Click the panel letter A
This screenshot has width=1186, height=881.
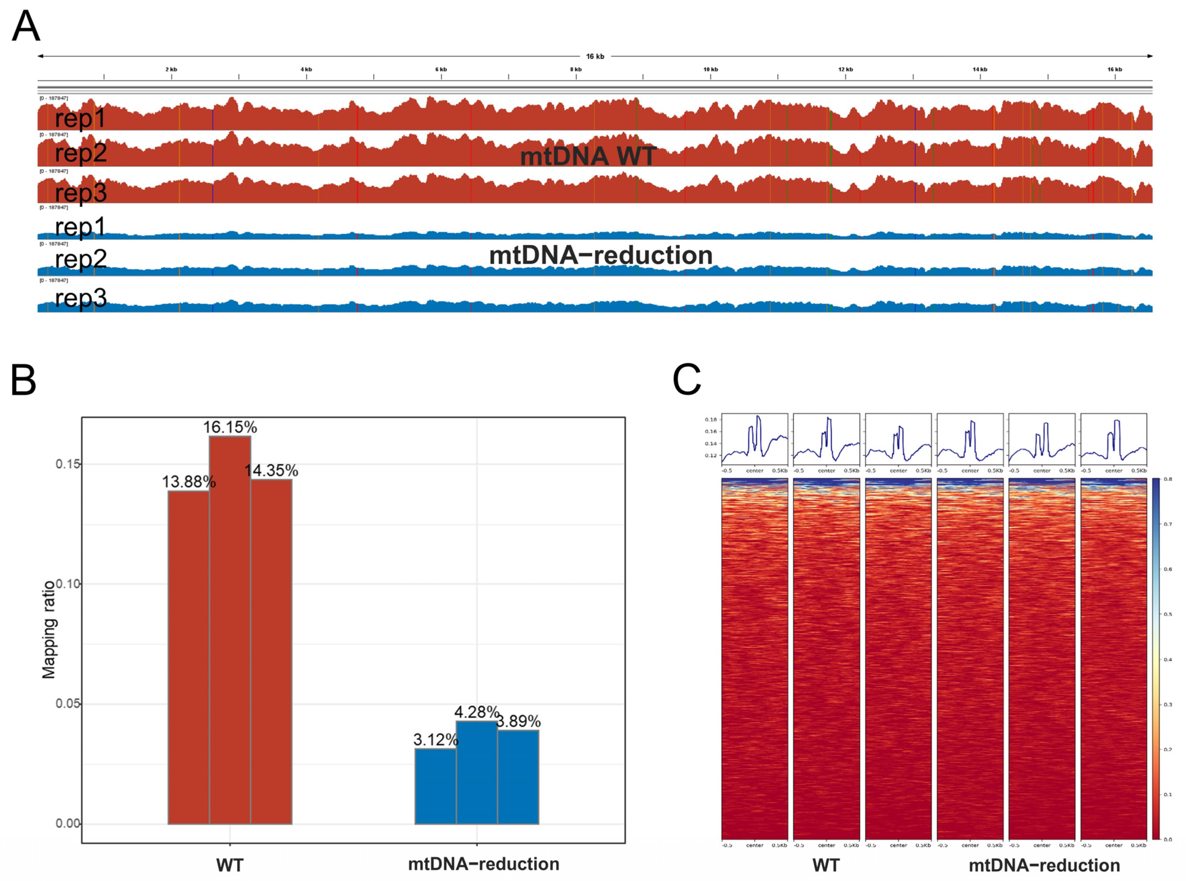point(26,27)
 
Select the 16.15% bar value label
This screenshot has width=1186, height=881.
point(230,427)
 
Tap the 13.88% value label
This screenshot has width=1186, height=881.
point(189,482)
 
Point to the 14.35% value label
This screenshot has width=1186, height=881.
point(271,470)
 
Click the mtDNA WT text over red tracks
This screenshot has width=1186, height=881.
point(588,156)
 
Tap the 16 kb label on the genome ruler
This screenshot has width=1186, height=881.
point(595,56)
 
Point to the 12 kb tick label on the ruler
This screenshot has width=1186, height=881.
point(845,70)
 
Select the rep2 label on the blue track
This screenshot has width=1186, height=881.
point(81,259)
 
